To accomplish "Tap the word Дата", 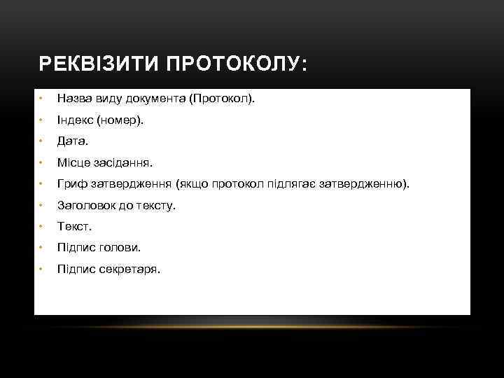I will (72, 141).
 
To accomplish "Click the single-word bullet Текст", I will (74, 226).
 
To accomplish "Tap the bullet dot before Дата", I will (42, 141).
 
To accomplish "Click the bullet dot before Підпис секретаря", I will (42, 269).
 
